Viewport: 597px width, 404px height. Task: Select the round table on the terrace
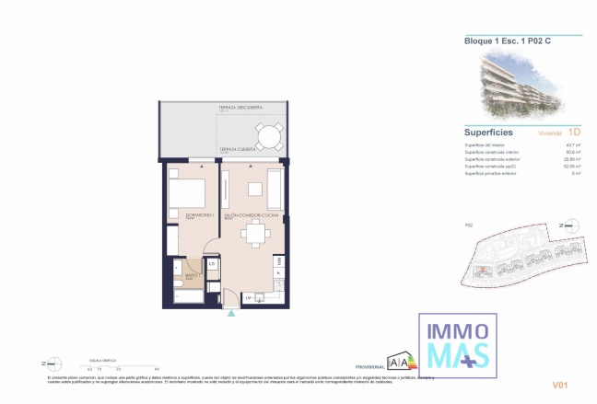270,138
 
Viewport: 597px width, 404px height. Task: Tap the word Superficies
488,132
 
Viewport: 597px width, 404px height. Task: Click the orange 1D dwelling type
575,132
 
